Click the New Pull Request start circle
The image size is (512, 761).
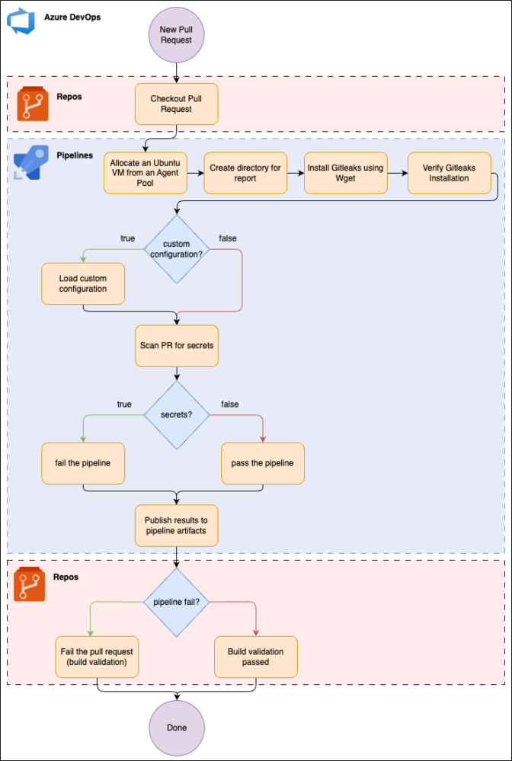point(176,34)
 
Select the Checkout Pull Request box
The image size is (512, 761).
point(177,104)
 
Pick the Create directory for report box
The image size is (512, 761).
point(245,173)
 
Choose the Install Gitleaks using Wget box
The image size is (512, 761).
point(346,173)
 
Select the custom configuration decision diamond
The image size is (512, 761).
point(177,249)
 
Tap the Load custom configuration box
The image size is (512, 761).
point(83,284)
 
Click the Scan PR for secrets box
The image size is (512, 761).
point(177,346)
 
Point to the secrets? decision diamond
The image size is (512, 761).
point(177,415)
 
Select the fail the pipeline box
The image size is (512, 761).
point(83,463)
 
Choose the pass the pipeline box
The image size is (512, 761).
point(263,463)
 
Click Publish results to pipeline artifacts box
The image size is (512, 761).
point(177,526)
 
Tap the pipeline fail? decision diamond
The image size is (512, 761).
point(177,603)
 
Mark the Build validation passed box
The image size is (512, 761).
point(256,657)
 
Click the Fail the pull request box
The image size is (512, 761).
point(97,657)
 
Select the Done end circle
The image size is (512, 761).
point(177,728)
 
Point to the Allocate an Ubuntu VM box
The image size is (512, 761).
point(146,173)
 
